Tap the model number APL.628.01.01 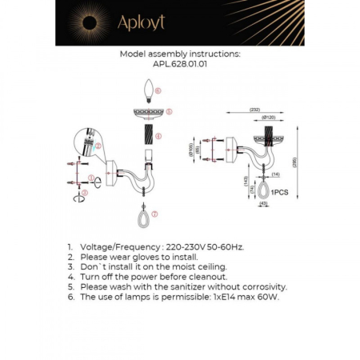(180, 66)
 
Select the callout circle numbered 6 (158, 91)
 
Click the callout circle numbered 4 (159, 136)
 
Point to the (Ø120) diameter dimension (269, 118)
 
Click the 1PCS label (279, 193)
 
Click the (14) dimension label (274, 174)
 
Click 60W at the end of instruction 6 (270, 296)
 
